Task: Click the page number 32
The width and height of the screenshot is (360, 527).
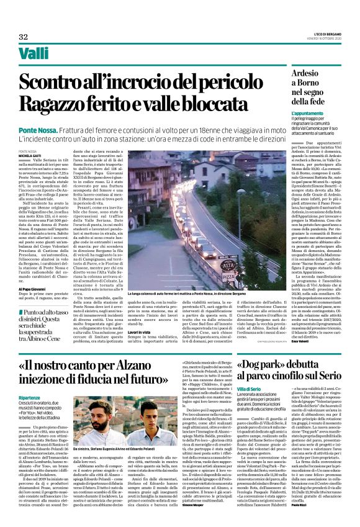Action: click(x=23, y=37)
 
